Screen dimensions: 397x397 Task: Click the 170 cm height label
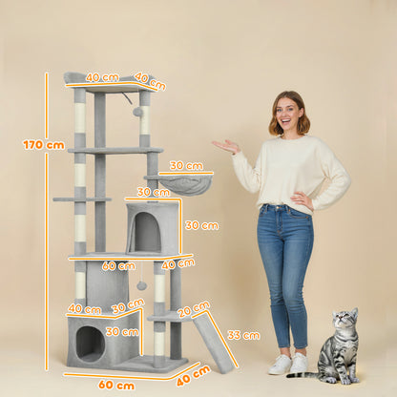(x=43, y=145)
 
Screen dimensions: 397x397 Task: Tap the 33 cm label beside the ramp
(x=243, y=335)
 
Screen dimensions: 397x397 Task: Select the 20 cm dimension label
(x=194, y=308)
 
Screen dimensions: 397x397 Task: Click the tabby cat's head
(x=345, y=324)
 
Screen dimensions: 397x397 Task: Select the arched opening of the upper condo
(x=146, y=233)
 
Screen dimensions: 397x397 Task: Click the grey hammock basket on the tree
(x=187, y=184)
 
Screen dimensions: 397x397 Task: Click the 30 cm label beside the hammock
(x=186, y=165)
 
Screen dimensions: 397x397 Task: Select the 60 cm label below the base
(x=115, y=385)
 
